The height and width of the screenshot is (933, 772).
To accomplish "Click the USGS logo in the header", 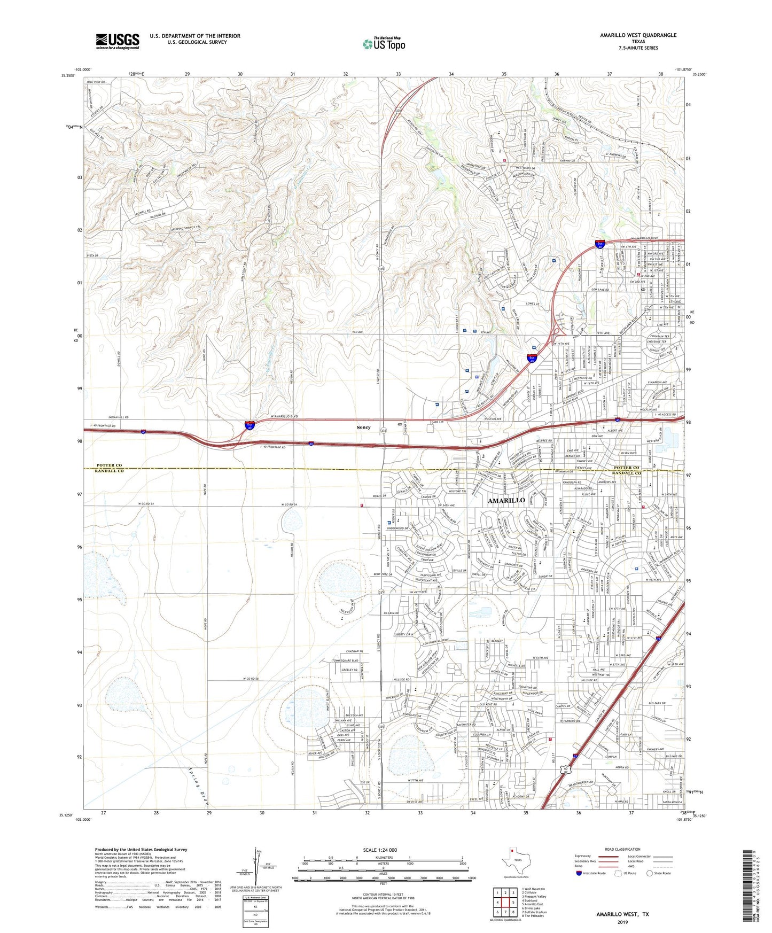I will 118,41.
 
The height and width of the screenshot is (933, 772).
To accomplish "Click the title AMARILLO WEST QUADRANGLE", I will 638,35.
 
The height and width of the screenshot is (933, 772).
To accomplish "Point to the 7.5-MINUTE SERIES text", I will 638,48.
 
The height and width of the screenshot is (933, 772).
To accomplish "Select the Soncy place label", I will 363,427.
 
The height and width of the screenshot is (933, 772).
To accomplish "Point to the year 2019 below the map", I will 622,922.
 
